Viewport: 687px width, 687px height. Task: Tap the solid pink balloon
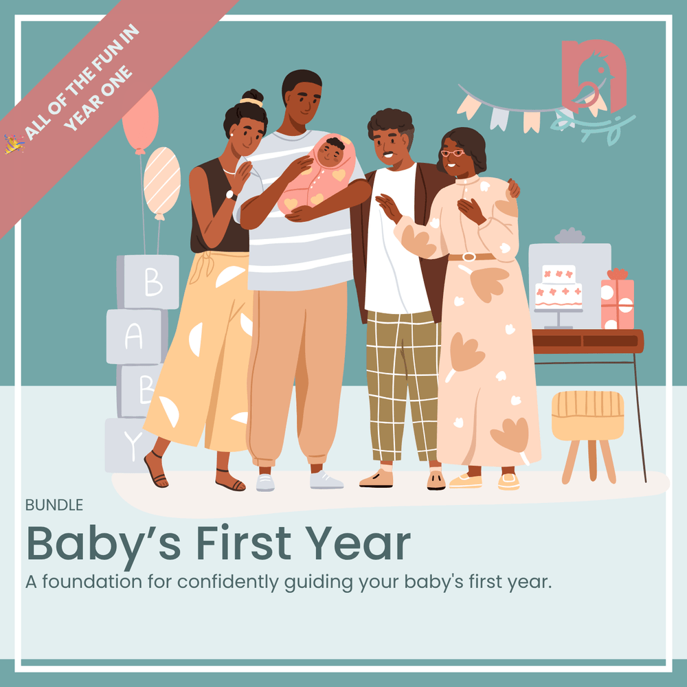point(140,118)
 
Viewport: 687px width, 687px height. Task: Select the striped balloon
point(162,182)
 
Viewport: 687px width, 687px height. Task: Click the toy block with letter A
point(136,337)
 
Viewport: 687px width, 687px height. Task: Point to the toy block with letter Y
point(131,445)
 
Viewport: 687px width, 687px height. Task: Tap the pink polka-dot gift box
point(617,302)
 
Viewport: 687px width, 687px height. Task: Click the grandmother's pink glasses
point(452,153)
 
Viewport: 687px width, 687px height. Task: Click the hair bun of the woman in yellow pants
point(253,98)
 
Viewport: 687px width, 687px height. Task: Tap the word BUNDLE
point(54,505)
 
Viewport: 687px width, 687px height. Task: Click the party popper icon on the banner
point(14,144)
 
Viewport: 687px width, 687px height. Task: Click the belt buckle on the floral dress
point(469,257)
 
